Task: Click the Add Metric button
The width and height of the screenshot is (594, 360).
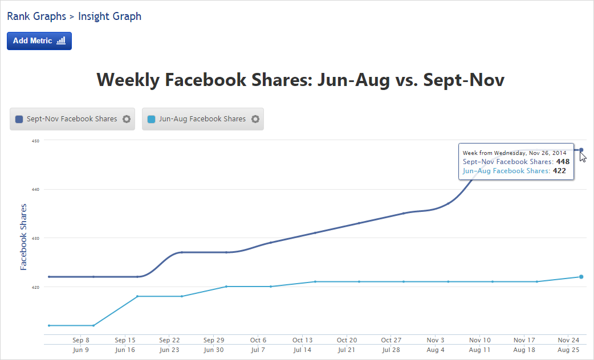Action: [x=39, y=41]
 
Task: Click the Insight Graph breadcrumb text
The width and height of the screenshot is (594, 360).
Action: [x=109, y=16]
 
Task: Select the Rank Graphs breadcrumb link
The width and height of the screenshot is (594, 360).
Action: [x=36, y=16]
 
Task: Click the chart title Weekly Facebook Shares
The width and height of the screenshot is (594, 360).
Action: [x=300, y=80]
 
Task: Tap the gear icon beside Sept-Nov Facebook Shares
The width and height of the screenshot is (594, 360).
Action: [x=127, y=119]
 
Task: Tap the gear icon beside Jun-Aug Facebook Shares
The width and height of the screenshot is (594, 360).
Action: [x=255, y=119]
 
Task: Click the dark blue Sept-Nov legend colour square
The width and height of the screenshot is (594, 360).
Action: [x=19, y=119]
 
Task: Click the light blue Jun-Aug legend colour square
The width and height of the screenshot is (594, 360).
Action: [x=151, y=119]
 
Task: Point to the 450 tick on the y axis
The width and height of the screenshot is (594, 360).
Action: [x=35, y=141]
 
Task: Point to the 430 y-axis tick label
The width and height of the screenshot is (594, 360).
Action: [x=35, y=238]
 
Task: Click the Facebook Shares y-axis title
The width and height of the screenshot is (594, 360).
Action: [x=23, y=236]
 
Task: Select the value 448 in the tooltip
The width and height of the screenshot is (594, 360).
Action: [x=563, y=162]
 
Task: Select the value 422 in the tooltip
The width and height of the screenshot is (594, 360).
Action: [x=559, y=170]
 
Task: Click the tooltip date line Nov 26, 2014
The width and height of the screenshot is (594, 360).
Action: [x=514, y=153]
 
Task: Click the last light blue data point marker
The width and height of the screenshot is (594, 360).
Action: [x=581, y=277]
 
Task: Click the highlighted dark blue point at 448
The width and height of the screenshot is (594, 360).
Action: [x=581, y=150]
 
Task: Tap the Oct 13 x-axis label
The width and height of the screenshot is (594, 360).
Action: [x=302, y=340]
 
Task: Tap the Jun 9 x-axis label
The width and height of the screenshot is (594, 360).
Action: [x=81, y=350]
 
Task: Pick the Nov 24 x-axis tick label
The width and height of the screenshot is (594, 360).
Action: [x=568, y=340]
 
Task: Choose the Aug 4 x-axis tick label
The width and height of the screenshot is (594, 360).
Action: [x=436, y=350]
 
